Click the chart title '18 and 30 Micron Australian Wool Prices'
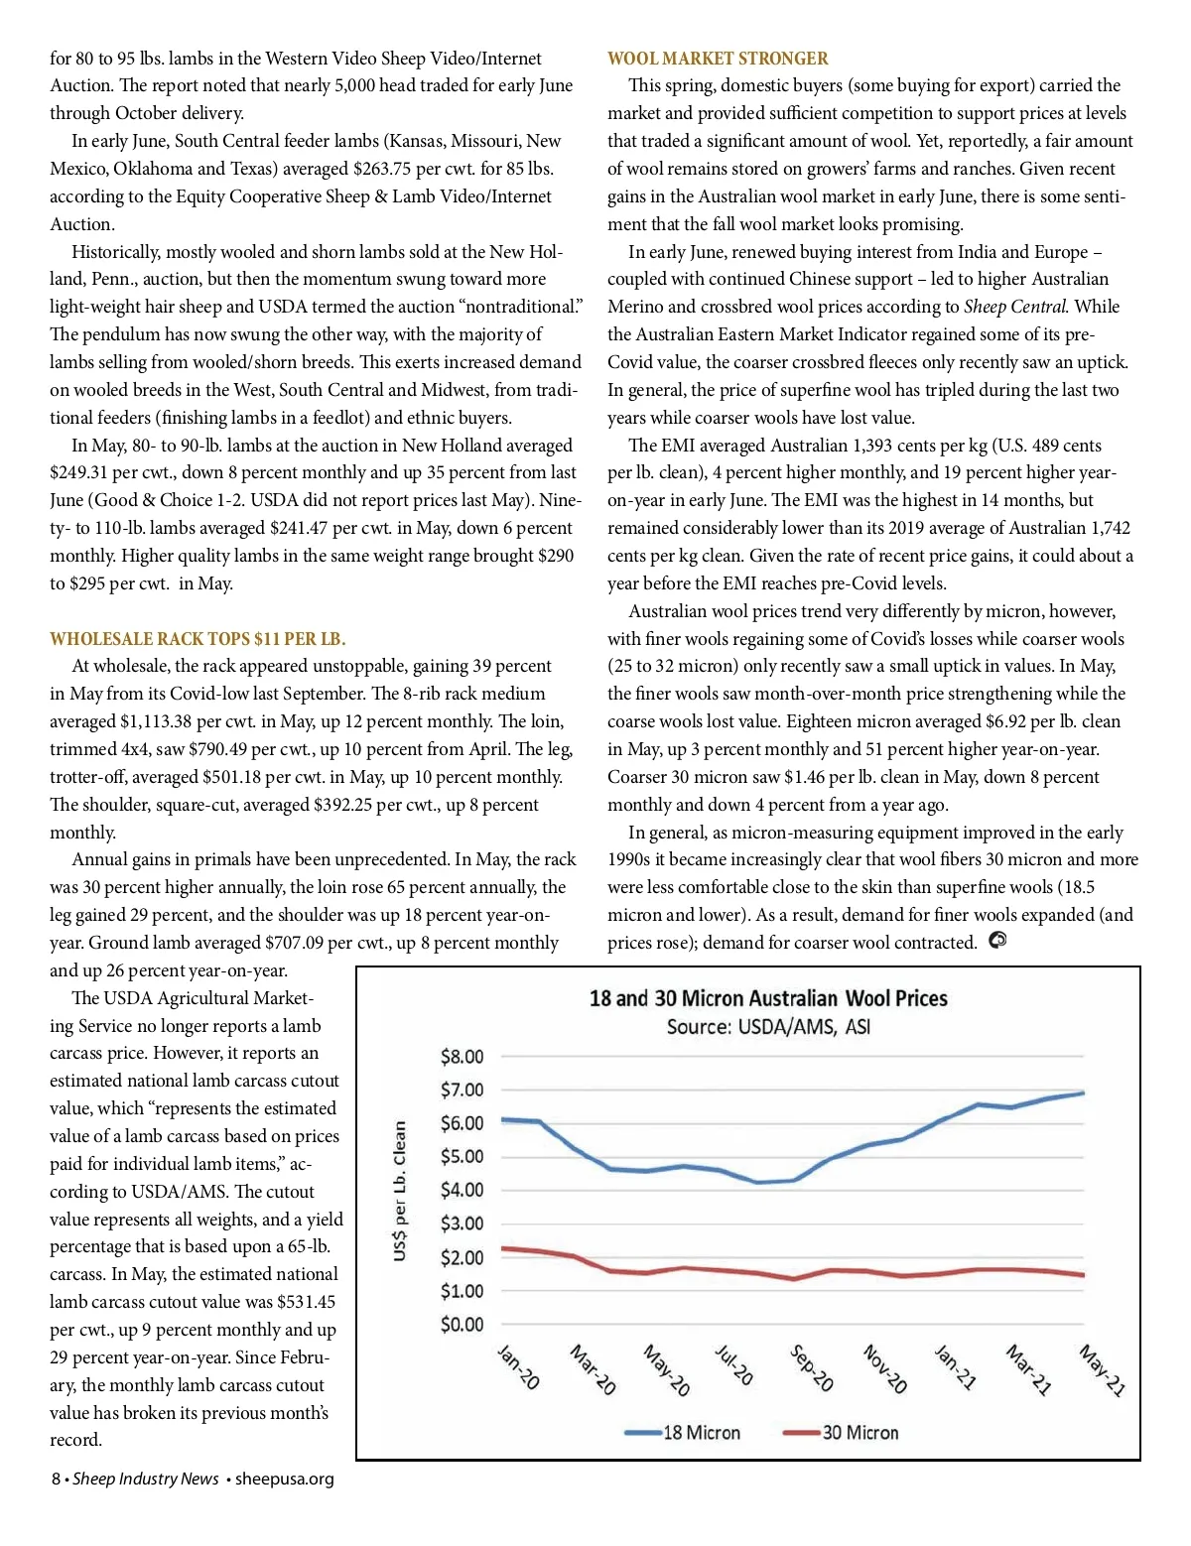click(x=768, y=998)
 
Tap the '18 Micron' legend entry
click(x=701, y=1433)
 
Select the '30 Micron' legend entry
click(x=860, y=1433)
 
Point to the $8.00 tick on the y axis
click(x=462, y=1057)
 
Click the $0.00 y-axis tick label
click(x=462, y=1325)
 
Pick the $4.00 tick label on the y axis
click(x=462, y=1190)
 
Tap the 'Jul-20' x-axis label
click(x=734, y=1365)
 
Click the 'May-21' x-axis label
click(x=1102, y=1370)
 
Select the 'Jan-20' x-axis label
click(x=517, y=1367)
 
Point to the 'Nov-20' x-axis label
click(x=884, y=1369)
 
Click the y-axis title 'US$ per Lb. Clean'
click(x=400, y=1191)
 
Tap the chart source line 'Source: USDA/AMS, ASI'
click(x=768, y=1027)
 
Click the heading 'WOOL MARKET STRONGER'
click(x=718, y=59)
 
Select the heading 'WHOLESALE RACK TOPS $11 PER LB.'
click(x=198, y=639)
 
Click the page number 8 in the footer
click(x=57, y=1480)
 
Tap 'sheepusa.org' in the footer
click(x=285, y=1480)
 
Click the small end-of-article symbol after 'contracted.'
click(x=997, y=941)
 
